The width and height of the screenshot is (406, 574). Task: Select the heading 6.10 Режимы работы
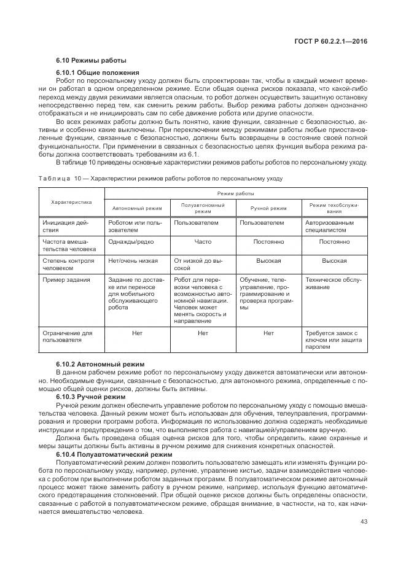tap(91, 60)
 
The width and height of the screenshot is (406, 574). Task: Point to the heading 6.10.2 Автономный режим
tap(100, 364)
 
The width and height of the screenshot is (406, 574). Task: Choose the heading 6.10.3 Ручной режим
tap(91, 397)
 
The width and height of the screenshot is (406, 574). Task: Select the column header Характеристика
tap(71, 201)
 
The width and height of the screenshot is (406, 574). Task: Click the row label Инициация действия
tap(66, 227)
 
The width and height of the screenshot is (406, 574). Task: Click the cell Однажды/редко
tap(127, 242)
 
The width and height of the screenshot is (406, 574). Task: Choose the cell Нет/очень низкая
tap(133, 261)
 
